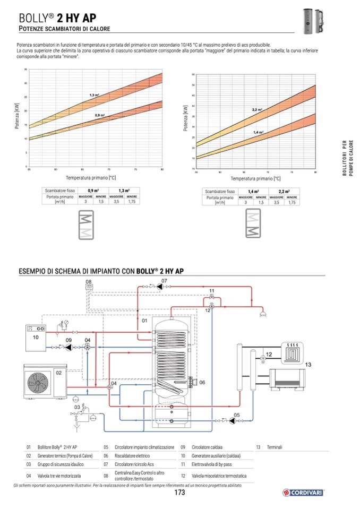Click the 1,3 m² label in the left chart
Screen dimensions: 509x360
[95, 94]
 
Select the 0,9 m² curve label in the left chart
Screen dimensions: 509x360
[100, 115]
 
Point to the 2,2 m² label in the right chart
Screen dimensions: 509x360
[257, 109]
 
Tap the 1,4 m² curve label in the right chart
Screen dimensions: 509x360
[258, 132]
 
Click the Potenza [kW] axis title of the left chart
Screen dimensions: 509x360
[18, 118]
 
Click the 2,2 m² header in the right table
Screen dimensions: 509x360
[284, 191]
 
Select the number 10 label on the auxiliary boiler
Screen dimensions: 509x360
[36, 337]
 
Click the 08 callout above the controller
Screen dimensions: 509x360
[89, 281]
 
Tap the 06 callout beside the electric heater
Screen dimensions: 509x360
[202, 382]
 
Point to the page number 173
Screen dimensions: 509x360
[179, 493]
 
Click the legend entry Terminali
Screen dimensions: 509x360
[275, 447]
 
